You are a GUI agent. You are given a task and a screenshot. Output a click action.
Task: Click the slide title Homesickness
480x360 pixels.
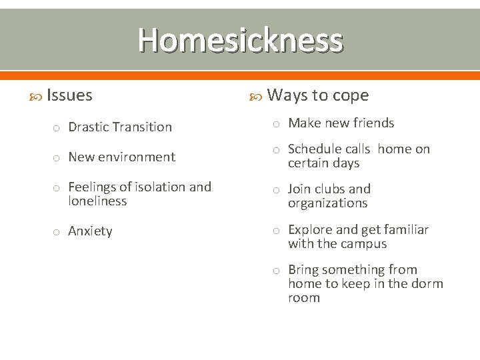point(240,40)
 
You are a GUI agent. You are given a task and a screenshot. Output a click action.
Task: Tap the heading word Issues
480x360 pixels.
point(70,95)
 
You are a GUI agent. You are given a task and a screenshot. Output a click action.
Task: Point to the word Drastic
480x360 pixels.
point(89,127)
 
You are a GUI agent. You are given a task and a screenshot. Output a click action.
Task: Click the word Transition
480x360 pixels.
point(143,127)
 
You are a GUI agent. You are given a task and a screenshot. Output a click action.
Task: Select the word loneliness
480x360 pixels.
point(97,201)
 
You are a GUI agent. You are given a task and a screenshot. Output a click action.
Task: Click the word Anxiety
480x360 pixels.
point(90,231)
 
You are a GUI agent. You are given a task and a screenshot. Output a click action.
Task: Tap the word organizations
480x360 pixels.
point(327,203)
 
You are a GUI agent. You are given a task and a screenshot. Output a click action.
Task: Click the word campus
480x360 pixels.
point(365,243)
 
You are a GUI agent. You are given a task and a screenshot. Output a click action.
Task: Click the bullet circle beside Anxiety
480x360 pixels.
point(57,232)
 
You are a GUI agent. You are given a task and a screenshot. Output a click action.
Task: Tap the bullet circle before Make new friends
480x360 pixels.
point(277,123)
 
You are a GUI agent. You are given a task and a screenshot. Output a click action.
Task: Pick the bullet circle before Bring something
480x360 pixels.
point(277,271)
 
